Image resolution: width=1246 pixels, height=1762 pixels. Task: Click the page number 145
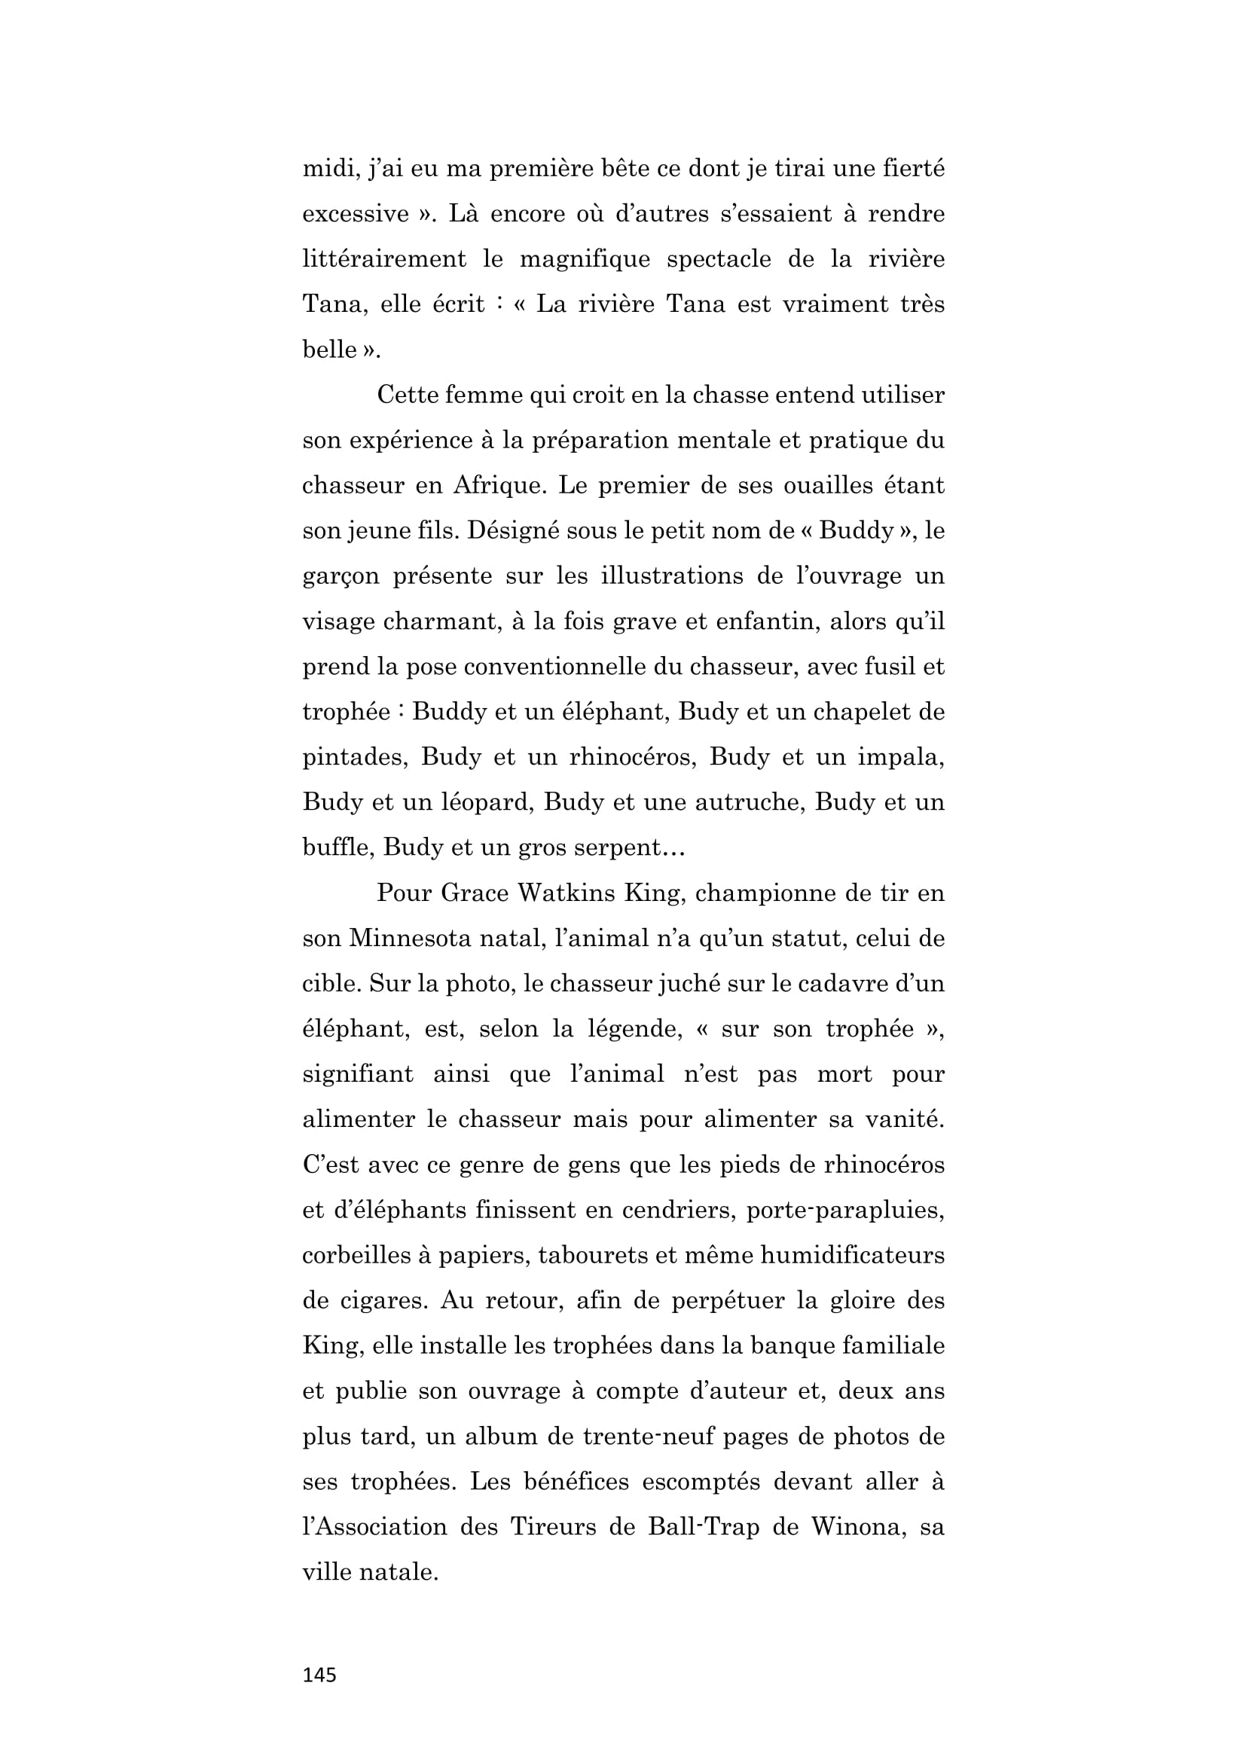click(x=319, y=1675)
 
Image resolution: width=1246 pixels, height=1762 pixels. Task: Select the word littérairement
click(x=383, y=258)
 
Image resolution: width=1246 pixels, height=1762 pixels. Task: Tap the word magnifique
click(x=584, y=258)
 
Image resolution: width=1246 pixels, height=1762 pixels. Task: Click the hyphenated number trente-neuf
click(x=647, y=1437)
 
